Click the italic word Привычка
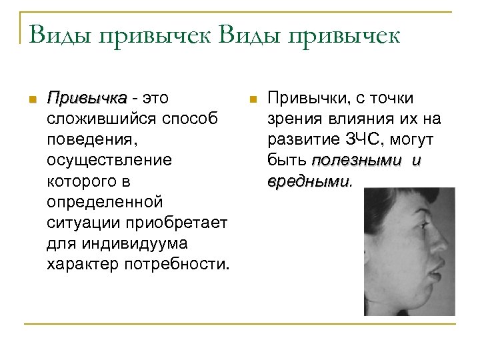[87, 99]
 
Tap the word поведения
[89, 140]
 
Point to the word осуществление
[109, 161]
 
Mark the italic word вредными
[308, 181]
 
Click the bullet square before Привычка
[29, 100]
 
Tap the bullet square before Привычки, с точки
[251, 100]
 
